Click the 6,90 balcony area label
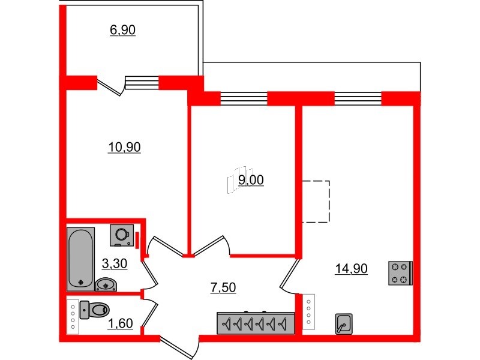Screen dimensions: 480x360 click(122, 31)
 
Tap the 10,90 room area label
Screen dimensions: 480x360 click(124, 147)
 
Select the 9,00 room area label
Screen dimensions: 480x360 click(251, 181)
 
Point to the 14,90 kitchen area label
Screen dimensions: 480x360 click(352, 269)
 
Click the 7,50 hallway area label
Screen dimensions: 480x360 click(223, 288)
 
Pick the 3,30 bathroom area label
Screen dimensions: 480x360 click(115, 263)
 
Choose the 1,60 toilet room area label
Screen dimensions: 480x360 click(121, 323)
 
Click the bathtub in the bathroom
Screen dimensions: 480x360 click(80, 259)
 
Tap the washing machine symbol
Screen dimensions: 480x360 click(122, 235)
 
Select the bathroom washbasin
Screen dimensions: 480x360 click(106, 284)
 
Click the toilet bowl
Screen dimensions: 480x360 click(95, 310)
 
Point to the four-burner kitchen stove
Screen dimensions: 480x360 click(400, 273)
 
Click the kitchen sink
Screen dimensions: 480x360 click(344, 324)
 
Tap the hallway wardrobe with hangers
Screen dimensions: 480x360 click(256, 323)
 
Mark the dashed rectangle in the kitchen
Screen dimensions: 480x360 click(316, 201)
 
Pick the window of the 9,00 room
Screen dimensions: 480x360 click(244, 98)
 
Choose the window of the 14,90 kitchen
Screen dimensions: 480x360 click(358, 98)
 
